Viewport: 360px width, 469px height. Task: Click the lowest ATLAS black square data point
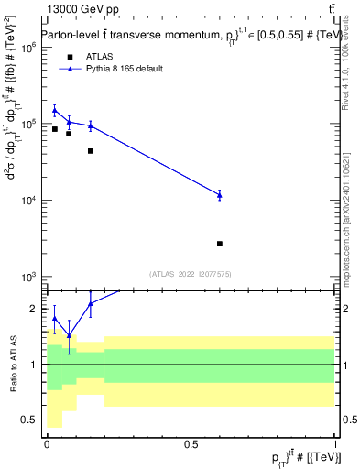[x=220, y=244]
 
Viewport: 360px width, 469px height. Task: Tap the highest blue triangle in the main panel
[x=55, y=110]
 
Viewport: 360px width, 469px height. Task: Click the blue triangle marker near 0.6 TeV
[x=220, y=195]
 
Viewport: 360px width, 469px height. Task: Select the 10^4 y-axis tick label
[x=27, y=200]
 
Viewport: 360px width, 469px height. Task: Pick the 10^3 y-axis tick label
[x=27, y=276]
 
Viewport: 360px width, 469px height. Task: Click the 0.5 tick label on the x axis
[x=191, y=443]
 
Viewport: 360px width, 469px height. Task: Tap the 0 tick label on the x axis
[x=47, y=443]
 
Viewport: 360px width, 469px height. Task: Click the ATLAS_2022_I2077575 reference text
[x=191, y=273]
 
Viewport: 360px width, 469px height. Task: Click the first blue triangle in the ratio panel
[x=55, y=319]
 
